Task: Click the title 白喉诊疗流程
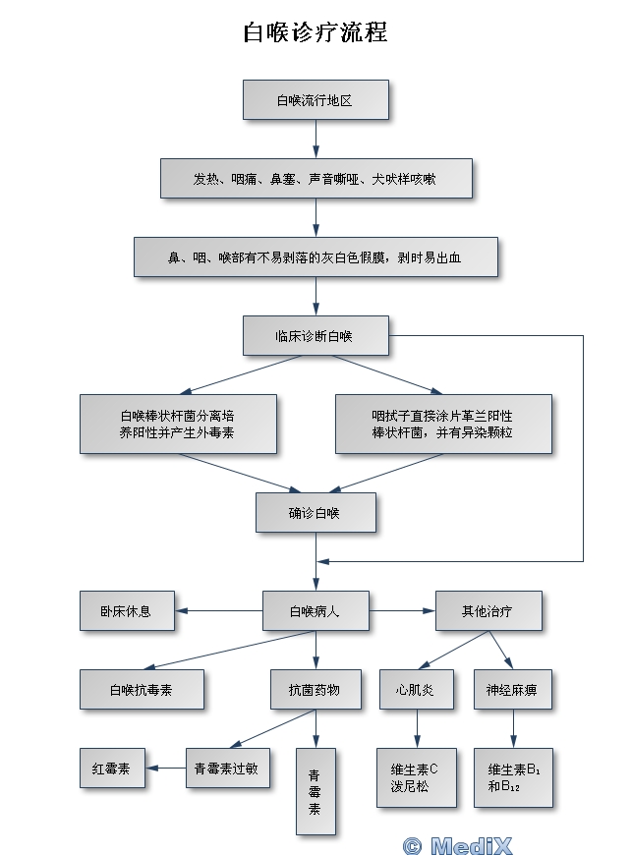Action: coord(315,32)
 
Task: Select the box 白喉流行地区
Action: coord(315,100)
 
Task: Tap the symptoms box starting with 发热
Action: coord(315,179)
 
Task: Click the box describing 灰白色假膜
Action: coord(315,257)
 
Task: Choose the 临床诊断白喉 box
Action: coord(315,335)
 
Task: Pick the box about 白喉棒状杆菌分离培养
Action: coord(177,424)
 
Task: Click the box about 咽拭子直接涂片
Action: coord(442,424)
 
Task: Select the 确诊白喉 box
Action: coord(315,512)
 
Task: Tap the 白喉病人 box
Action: coord(315,610)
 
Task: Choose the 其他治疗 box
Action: coord(488,610)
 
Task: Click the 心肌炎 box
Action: coord(417,689)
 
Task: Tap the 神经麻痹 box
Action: coord(511,689)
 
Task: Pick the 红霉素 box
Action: coord(111,768)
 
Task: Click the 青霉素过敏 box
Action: coord(227,768)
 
